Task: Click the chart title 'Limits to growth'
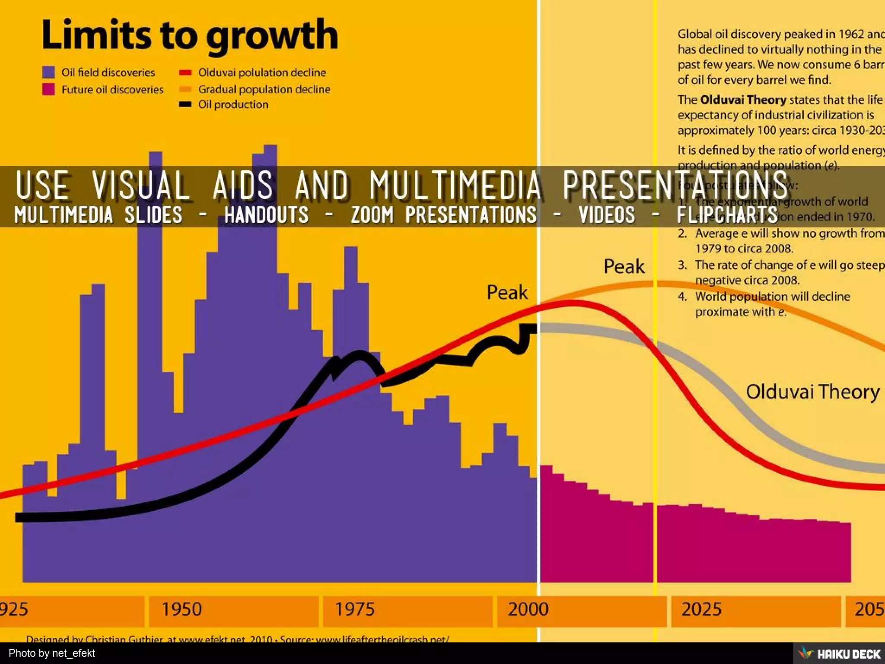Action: [189, 35]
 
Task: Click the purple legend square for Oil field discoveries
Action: [49, 72]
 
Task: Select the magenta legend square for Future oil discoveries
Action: [49, 89]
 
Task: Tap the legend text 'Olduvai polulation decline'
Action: [261, 73]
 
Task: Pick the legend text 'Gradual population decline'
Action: [264, 89]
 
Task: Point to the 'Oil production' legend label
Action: [233, 105]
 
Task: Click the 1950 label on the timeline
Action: [181, 610]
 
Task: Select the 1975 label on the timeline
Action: [355, 610]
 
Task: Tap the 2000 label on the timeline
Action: [528, 610]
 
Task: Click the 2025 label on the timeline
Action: [701, 610]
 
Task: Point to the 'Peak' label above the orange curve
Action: [624, 266]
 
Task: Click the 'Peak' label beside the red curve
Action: [507, 293]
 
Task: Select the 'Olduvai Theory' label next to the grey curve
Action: [812, 392]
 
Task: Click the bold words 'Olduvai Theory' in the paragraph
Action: [743, 100]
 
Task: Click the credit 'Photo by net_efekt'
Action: [52, 653]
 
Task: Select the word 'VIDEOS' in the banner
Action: [607, 214]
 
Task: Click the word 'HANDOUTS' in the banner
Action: [266, 214]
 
